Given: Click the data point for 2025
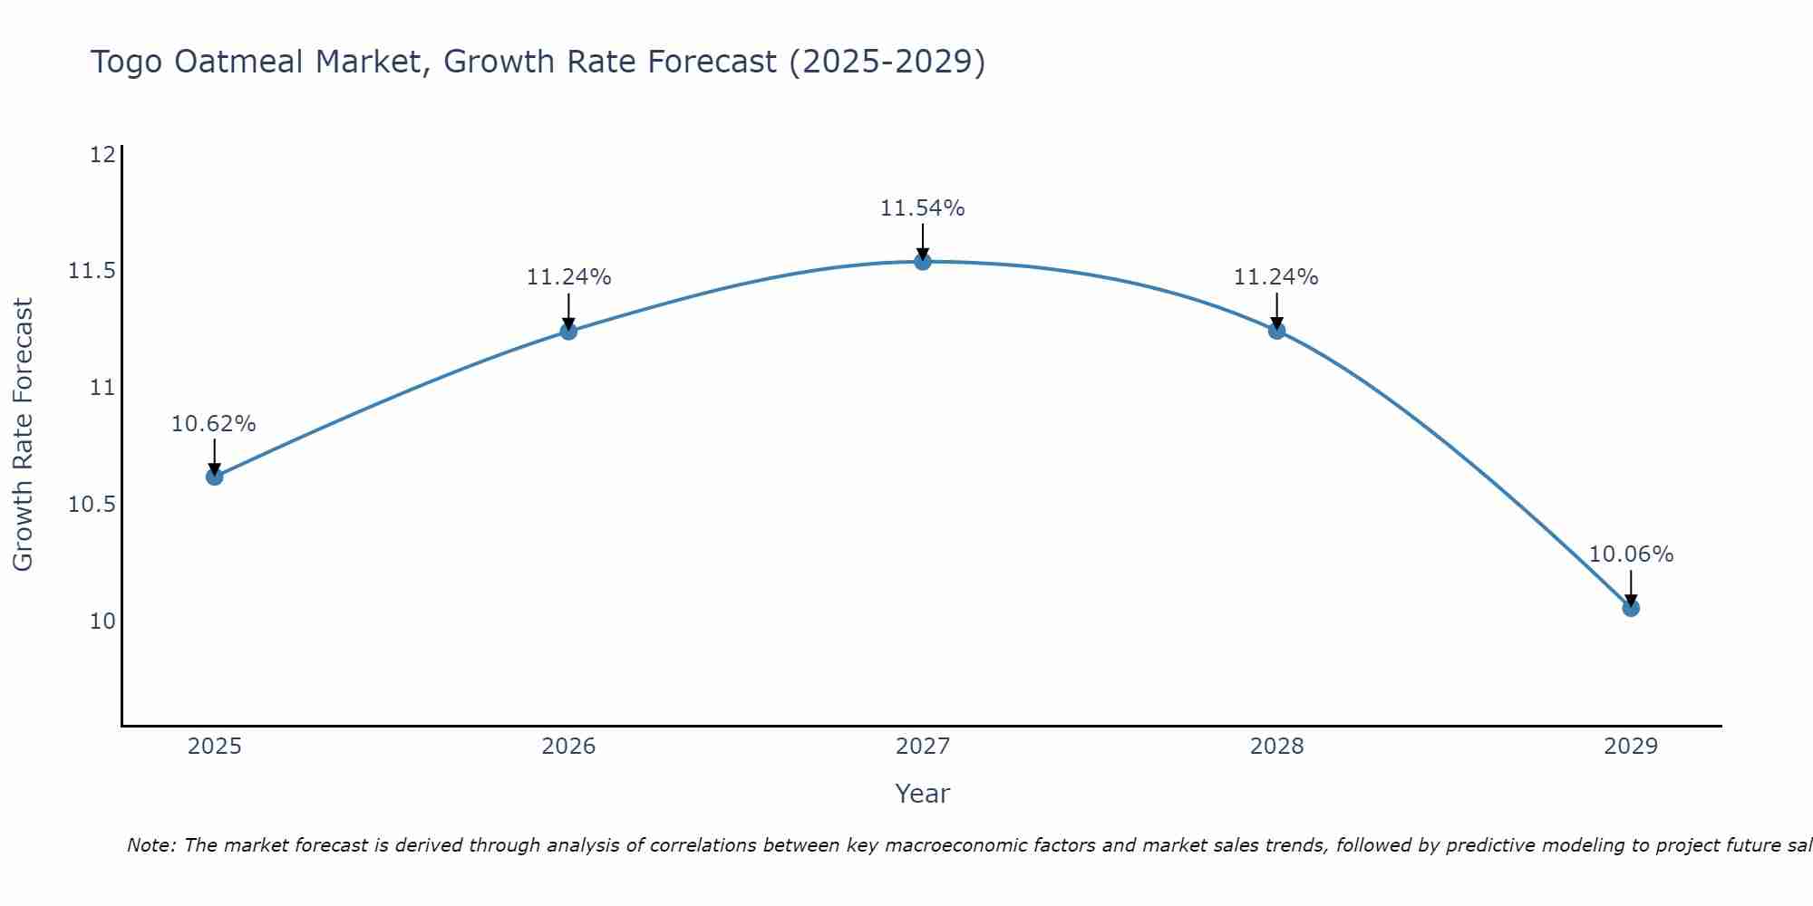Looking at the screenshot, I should click(215, 477).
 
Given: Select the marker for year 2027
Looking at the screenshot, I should click(923, 262).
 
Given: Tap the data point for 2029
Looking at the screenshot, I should click(1631, 608).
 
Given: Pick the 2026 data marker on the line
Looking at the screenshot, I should click(568, 332).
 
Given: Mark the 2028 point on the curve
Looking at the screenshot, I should click(1276, 331).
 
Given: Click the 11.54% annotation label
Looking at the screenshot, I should click(923, 208).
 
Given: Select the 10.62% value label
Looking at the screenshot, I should click(214, 424).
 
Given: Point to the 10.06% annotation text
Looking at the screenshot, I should click(1631, 554).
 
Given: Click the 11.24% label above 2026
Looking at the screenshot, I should click(568, 277).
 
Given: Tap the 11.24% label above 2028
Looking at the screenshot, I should click(1275, 277).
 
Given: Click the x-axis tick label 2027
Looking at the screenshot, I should click(923, 747).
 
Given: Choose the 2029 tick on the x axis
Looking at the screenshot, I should click(1631, 747).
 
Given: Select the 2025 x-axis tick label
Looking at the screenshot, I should click(215, 747).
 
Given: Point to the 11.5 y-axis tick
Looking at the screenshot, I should click(92, 271).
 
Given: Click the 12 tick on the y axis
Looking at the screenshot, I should click(102, 155).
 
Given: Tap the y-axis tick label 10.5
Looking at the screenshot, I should click(92, 505).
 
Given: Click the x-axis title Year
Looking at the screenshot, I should click(922, 794).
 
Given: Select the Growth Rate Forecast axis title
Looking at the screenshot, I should click(23, 435).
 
